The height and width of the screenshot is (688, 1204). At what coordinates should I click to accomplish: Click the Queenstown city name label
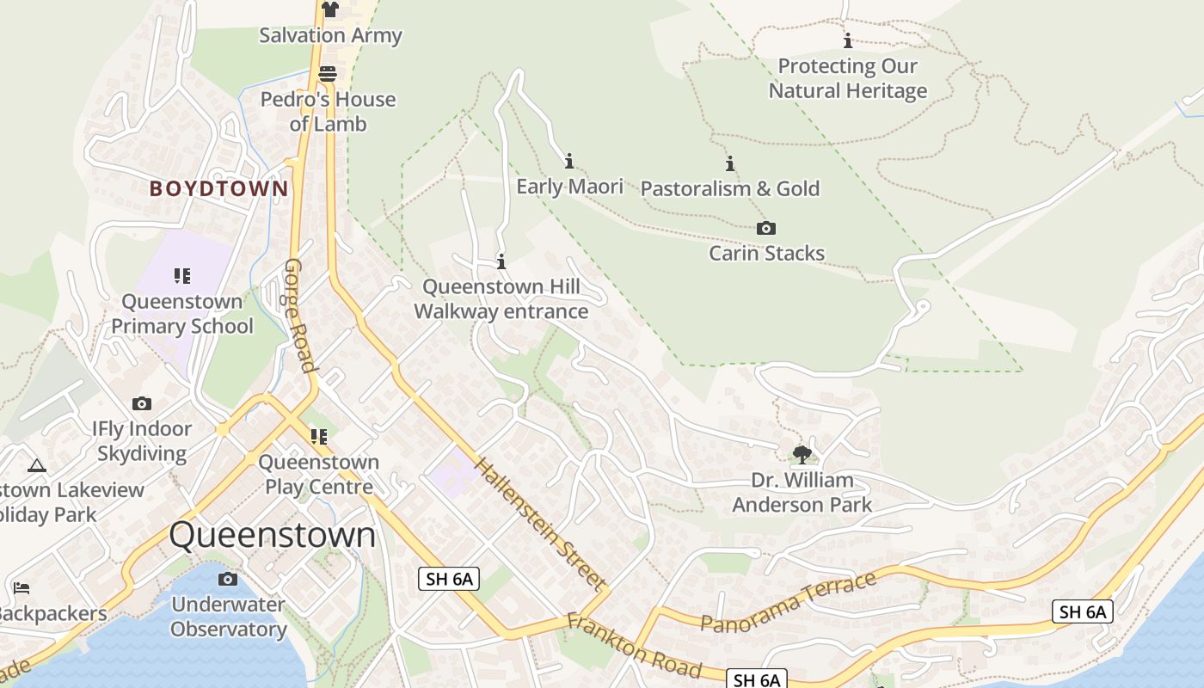[x=273, y=535]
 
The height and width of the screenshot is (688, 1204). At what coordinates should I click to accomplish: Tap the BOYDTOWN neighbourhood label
[x=218, y=188]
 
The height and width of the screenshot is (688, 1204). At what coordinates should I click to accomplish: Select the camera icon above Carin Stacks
[x=765, y=228]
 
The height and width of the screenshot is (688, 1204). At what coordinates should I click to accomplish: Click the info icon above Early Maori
[x=568, y=161]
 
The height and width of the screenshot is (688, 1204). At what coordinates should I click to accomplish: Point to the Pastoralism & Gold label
[x=730, y=188]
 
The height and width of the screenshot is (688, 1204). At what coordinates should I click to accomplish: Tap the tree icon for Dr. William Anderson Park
[x=802, y=453]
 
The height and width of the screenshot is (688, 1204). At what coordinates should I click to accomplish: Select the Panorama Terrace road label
[x=788, y=601]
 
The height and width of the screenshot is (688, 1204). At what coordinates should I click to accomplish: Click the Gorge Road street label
[x=301, y=315]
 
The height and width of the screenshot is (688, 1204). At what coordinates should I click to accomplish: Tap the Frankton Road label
[x=634, y=645]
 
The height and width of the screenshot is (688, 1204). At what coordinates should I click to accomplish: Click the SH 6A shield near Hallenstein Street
[x=448, y=579]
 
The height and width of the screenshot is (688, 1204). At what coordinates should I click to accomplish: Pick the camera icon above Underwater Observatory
[x=228, y=579]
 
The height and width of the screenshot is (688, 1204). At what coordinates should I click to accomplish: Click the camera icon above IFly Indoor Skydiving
[x=142, y=403]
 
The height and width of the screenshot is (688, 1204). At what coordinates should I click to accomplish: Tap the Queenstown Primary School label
[x=182, y=314]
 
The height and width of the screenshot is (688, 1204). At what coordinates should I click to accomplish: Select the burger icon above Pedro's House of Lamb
[x=327, y=73]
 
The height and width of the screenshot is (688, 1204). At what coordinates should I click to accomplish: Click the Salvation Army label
[x=330, y=35]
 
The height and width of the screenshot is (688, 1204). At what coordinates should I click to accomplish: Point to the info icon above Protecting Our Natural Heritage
[x=847, y=40]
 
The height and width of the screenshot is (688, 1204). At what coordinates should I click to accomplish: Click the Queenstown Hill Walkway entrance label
[x=501, y=298]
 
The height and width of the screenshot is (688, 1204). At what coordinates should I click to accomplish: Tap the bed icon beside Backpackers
[x=21, y=588]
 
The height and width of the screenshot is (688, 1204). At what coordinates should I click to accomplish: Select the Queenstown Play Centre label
[x=318, y=474]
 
